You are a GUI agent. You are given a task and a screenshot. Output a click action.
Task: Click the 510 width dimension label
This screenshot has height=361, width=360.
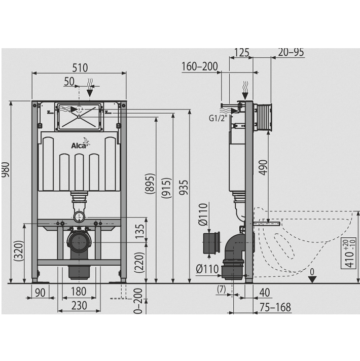pos(80,68)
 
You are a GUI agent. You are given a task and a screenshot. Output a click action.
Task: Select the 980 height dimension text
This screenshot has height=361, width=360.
pos(5,169)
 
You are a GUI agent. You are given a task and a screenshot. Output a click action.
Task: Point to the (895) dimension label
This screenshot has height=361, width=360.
pos(150,184)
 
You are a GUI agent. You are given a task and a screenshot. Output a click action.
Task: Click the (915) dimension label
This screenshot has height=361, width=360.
pos(166,188)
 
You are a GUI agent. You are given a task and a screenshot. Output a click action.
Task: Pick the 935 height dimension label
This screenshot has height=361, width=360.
pos(184,188)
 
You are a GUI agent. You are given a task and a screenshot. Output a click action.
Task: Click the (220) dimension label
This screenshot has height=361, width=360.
pos(139,263)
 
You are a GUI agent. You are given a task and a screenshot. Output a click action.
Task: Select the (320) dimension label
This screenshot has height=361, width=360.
pos(19,250)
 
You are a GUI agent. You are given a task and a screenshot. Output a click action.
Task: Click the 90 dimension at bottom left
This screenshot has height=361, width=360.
pos(40,293)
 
